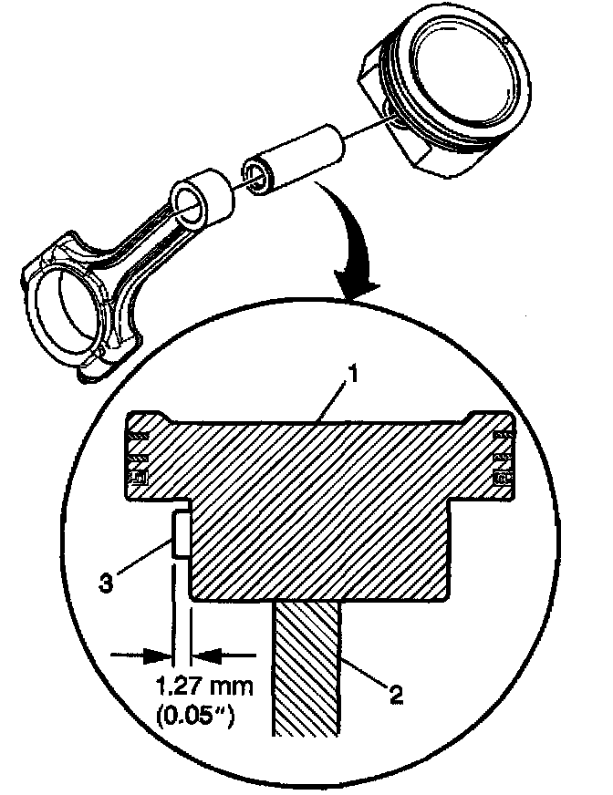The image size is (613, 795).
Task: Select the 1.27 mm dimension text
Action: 196,686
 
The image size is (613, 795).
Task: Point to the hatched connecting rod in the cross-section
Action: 307,666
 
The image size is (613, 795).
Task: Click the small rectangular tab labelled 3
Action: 181,533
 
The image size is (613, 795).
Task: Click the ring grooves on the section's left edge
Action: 138,451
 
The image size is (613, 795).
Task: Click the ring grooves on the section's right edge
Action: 501,451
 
